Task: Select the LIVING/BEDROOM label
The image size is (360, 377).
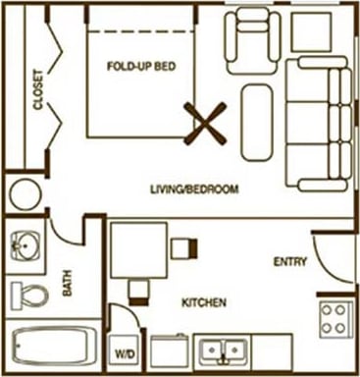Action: (x=195, y=188)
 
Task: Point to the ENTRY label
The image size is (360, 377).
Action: (x=290, y=261)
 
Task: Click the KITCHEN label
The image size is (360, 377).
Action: (x=204, y=302)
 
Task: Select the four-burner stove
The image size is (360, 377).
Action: (x=334, y=317)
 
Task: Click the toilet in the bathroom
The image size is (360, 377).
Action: (x=32, y=294)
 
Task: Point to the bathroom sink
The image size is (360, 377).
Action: (x=26, y=243)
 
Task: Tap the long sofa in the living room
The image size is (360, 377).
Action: (x=319, y=123)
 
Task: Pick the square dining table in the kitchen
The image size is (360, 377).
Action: (x=137, y=249)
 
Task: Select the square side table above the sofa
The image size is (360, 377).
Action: (x=314, y=31)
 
